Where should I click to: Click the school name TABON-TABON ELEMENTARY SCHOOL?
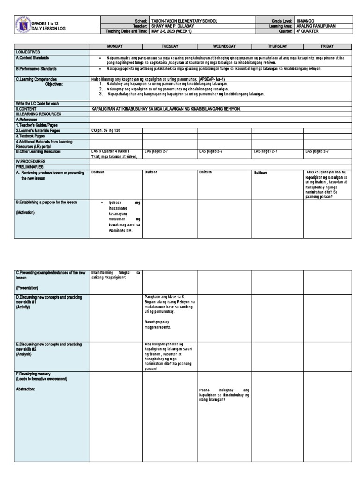pos(184,21)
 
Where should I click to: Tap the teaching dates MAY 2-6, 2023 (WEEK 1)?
pos(172,31)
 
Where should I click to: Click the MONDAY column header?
pos(115,46)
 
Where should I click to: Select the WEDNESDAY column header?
pos(224,46)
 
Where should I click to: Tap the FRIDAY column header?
pos(327,46)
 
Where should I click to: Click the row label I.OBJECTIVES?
pos(28,52)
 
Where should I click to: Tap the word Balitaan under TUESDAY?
pos(151,172)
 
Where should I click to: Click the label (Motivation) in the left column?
pos(29,212)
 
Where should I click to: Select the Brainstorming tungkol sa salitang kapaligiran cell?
pos(115,275)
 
